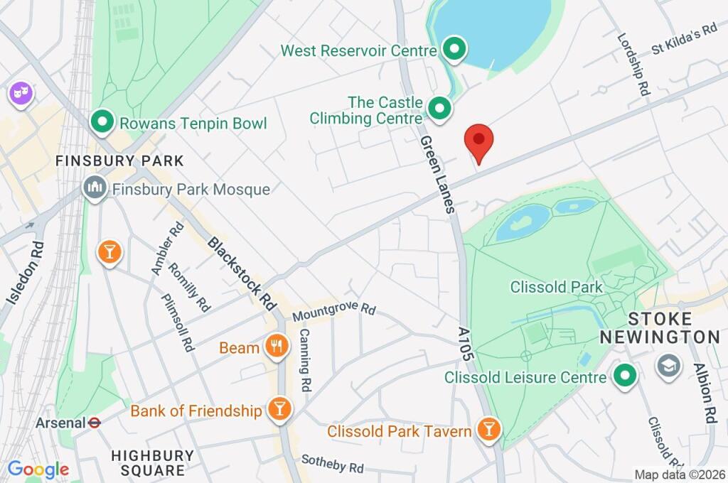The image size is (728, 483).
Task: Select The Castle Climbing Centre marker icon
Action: coord(440,109)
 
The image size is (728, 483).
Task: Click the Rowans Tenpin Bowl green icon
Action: coord(103,122)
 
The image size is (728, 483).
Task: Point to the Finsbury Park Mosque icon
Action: coord(94,189)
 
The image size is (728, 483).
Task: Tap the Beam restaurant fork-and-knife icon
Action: coord(275,347)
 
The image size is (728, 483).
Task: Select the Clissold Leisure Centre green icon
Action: coord(625,376)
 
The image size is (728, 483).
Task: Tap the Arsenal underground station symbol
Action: coord(94,423)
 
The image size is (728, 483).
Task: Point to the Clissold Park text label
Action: coord(556,287)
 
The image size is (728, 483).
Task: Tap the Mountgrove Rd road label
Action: coord(333,311)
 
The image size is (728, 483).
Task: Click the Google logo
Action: coord(38,469)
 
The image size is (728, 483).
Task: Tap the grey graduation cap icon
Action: coord(669,366)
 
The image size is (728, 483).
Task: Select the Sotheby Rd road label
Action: coord(332,465)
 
